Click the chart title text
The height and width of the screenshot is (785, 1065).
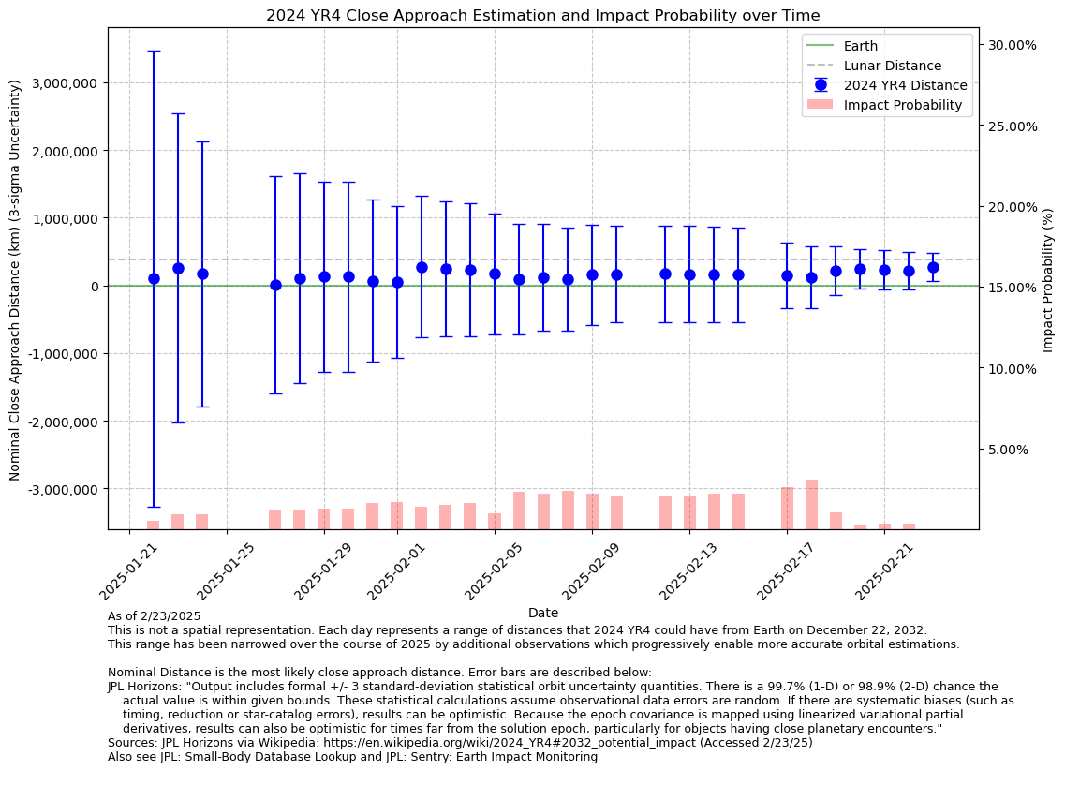[542, 15]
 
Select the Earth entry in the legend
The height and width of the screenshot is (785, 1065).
[861, 45]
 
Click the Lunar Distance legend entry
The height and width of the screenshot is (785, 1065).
[892, 66]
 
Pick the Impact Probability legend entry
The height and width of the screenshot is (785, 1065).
[902, 105]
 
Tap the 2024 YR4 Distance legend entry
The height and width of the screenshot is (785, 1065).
[905, 85]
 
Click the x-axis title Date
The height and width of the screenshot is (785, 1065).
[543, 613]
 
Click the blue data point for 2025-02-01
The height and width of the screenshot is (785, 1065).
[397, 282]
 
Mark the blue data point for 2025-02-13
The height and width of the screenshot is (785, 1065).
[689, 274]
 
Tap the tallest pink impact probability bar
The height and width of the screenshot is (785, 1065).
[811, 504]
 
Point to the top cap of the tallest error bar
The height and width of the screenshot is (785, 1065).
[154, 51]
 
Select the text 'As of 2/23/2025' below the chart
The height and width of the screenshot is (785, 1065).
[155, 616]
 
